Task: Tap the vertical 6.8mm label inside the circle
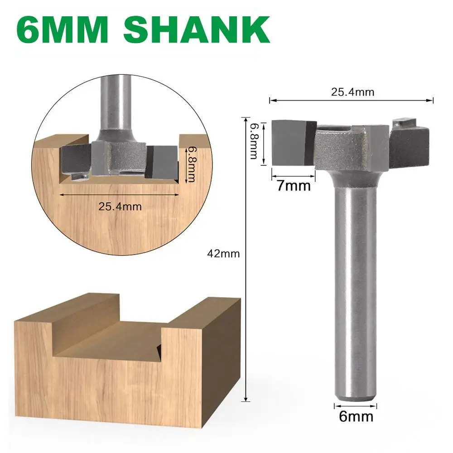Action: click(191, 164)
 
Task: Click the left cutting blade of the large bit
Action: click(294, 142)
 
